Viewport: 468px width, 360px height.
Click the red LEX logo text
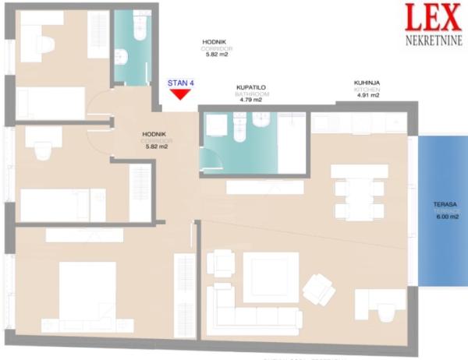click(x=432, y=18)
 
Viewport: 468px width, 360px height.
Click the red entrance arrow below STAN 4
click(x=180, y=94)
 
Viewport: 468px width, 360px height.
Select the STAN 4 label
click(x=180, y=82)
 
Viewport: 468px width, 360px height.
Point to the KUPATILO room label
click(x=252, y=88)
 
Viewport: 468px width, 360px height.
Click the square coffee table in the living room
click(x=270, y=277)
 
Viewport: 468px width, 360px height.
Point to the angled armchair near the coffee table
click(x=318, y=291)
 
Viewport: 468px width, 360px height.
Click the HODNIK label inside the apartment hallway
click(x=154, y=134)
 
